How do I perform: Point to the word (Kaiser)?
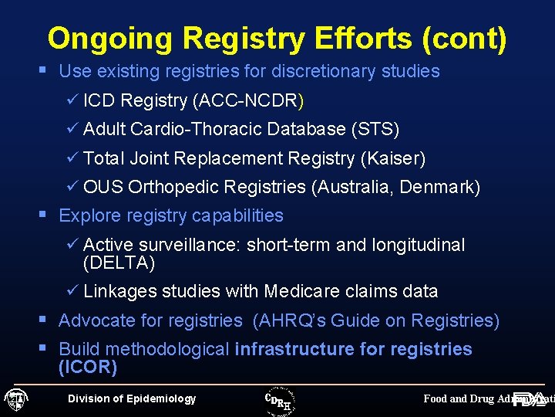[x=392, y=158]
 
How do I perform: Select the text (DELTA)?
[x=119, y=263]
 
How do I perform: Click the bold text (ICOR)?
[x=88, y=367]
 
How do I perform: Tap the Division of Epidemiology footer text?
[x=132, y=398]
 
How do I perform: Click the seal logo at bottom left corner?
[x=16, y=399]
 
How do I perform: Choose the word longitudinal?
[x=419, y=245]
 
